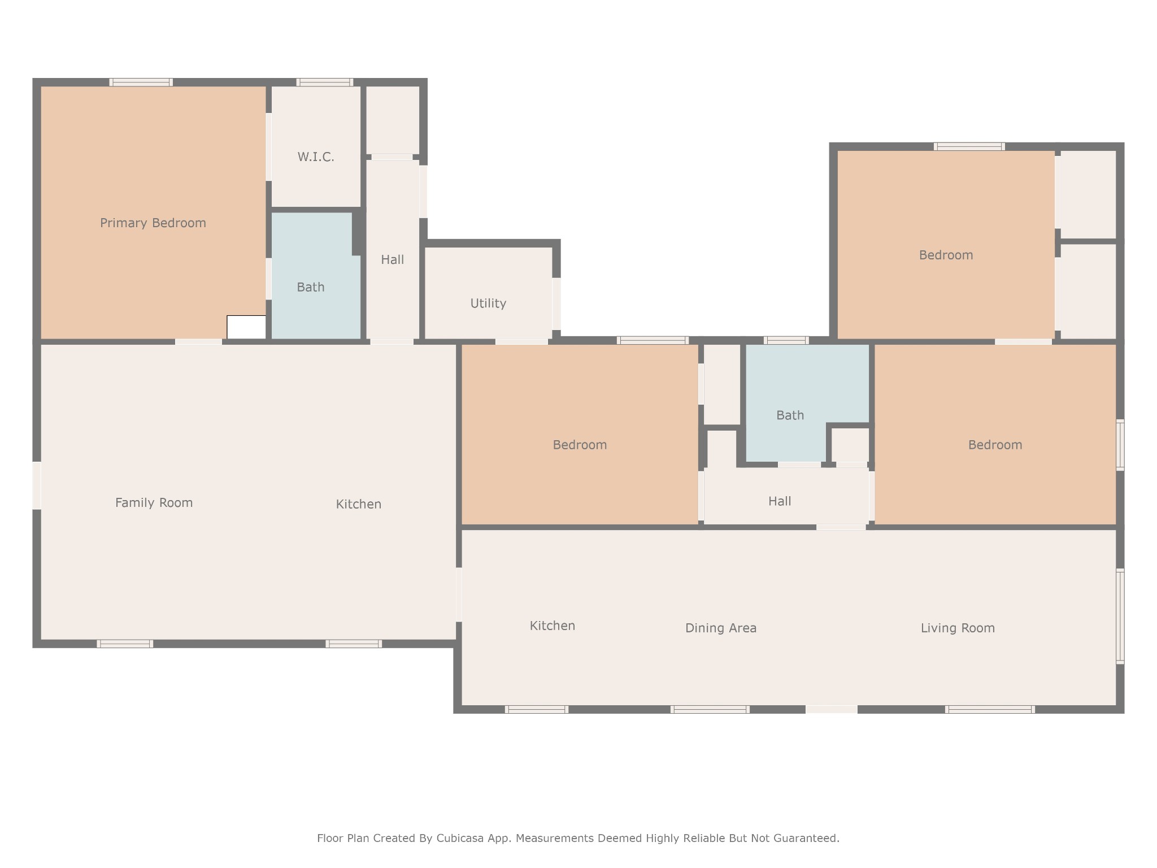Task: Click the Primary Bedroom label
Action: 153,223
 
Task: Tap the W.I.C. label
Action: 316,157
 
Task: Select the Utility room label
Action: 488,303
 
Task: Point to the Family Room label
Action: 154,503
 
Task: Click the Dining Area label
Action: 720,628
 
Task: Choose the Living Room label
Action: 958,628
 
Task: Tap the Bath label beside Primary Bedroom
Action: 311,287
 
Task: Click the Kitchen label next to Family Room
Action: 359,504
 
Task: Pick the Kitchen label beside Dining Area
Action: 553,626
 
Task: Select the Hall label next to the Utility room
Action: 392,260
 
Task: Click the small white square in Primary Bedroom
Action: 246,327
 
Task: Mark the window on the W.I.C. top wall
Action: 325,83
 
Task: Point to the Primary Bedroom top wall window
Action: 141,83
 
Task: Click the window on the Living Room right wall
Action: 1120,616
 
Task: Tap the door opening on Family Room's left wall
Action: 37,485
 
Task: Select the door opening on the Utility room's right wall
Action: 556,304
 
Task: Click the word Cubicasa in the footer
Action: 459,839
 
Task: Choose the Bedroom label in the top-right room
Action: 946,255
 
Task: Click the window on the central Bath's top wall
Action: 786,340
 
